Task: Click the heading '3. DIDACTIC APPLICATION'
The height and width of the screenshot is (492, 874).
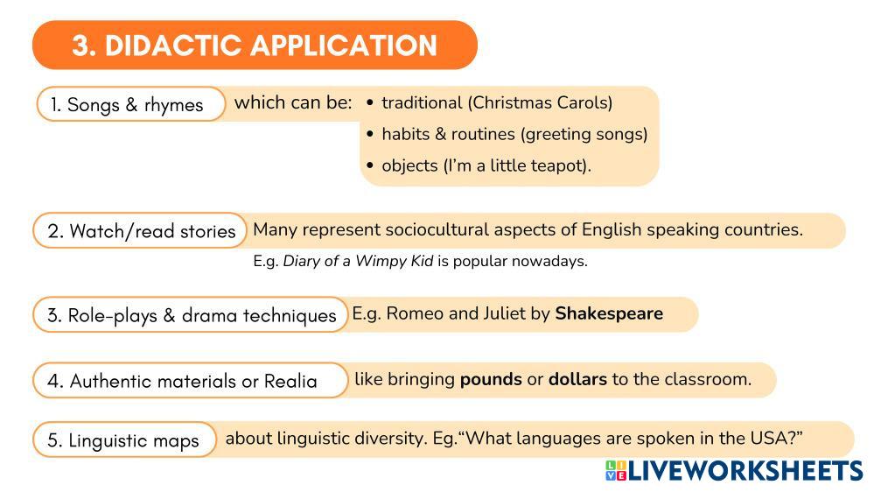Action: click(x=254, y=46)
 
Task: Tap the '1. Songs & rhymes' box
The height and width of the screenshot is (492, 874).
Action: click(x=130, y=105)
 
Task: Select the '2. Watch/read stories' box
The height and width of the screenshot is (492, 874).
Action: click(x=141, y=231)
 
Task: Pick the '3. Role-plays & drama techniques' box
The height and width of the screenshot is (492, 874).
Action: click(x=190, y=315)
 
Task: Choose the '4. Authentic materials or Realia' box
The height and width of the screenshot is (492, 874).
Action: click(x=190, y=381)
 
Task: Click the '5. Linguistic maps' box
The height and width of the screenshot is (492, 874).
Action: click(x=123, y=440)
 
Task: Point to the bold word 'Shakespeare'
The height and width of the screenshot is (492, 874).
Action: click(x=609, y=313)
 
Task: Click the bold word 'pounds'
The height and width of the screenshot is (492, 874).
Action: click(x=490, y=380)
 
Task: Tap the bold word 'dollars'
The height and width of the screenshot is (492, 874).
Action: click(x=577, y=380)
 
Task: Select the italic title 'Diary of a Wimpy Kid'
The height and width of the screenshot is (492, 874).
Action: click(x=358, y=261)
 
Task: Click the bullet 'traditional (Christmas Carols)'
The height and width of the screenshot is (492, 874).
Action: click(x=496, y=102)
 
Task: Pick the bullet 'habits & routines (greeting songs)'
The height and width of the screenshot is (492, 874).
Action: click(x=514, y=134)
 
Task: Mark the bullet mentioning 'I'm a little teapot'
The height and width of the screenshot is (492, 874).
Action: click(x=486, y=165)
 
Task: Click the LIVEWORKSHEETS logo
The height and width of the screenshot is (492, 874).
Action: click(x=733, y=471)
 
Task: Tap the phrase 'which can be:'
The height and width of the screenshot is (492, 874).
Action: click(x=293, y=102)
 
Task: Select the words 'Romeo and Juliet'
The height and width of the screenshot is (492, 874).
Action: click(x=456, y=313)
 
